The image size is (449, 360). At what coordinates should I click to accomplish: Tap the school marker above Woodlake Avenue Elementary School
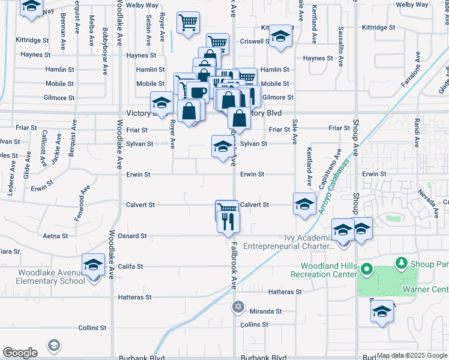click(94, 265)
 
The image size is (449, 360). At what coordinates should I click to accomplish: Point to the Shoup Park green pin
click(400, 263)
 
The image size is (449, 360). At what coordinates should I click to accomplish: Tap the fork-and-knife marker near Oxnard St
click(229, 222)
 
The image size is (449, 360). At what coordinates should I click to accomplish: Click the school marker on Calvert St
click(304, 204)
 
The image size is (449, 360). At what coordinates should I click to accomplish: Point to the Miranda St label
click(270, 311)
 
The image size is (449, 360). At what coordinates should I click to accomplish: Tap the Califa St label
click(130, 266)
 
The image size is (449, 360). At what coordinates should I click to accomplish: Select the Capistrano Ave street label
click(338, 167)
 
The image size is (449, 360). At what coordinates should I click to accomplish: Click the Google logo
click(20, 353)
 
